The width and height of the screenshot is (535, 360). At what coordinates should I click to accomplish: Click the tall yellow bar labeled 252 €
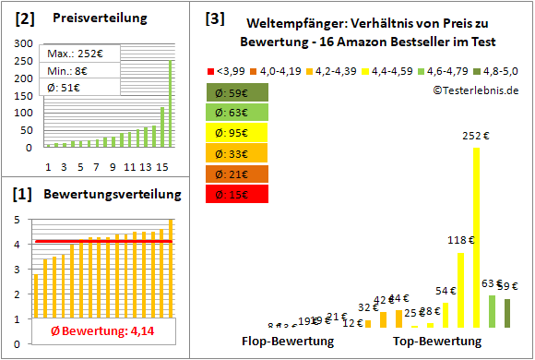[476, 237]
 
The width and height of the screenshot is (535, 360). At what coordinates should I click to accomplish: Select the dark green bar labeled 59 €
[507, 313]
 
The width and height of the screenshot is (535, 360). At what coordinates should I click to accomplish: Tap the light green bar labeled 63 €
[492, 311]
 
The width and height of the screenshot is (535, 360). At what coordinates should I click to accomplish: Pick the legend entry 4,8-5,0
[499, 71]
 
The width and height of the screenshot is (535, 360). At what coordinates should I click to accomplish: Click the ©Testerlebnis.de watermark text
[474, 90]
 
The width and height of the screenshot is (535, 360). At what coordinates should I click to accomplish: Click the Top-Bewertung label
[437, 341]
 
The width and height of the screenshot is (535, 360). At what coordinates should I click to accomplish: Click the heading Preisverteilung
[89, 18]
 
